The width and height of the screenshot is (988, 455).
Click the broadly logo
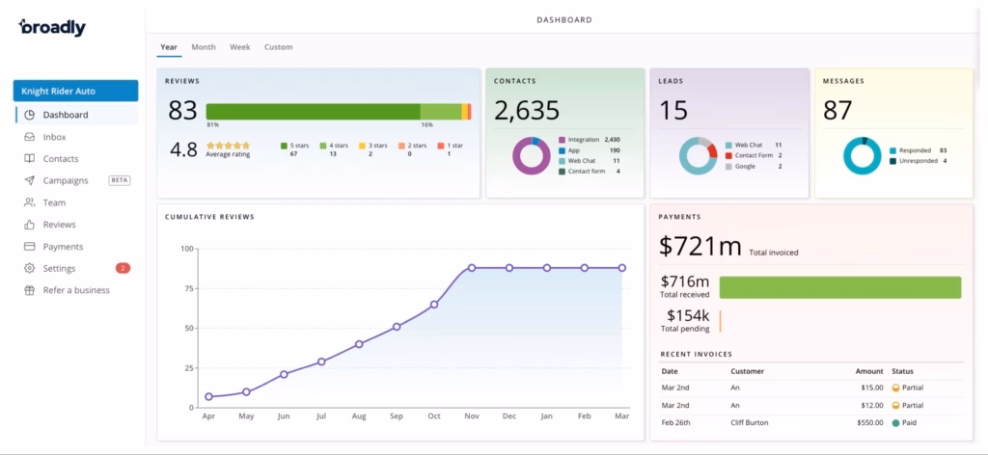(52, 27)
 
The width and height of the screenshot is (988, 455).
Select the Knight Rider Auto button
(75, 91)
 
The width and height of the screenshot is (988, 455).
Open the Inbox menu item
(54, 137)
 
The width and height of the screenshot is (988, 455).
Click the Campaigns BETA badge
(120, 180)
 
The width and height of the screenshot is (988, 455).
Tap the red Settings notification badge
(123, 268)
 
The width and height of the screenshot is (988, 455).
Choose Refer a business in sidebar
(76, 290)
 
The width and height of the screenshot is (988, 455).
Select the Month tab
(204, 47)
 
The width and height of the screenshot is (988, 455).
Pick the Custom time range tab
(278, 47)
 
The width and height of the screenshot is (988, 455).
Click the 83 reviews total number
(182, 111)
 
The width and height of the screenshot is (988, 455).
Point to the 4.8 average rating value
(184, 149)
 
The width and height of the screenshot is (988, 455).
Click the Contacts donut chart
(531, 155)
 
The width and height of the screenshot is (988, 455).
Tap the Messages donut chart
(863, 156)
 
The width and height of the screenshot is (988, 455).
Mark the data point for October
(434, 304)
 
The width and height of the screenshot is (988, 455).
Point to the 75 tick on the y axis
(187, 288)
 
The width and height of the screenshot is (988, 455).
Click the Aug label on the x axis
(359, 416)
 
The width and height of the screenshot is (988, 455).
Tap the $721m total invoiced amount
(700, 247)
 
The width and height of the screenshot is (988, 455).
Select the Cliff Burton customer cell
(751, 421)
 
